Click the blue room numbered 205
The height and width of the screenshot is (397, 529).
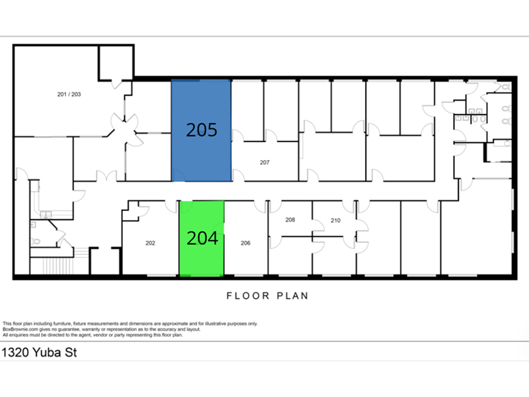click(x=202, y=130)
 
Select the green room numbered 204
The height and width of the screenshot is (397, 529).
click(x=202, y=238)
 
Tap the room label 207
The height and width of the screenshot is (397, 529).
click(x=264, y=162)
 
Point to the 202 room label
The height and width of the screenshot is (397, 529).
click(x=150, y=243)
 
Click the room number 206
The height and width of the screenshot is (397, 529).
click(x=245, y=243)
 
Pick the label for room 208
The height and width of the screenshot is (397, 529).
click(x=290, y=220)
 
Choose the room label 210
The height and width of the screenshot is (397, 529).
click(x=335, y=220)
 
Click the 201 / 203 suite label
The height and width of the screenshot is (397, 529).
click(x=69, y=94)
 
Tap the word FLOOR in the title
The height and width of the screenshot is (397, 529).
click(x=248, y=296)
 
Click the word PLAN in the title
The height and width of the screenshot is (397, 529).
click(x=292, y=296)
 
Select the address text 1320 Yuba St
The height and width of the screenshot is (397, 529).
click(x=39, y=353)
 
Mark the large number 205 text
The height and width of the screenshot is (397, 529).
click(x=202, y=130)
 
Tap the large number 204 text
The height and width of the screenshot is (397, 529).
click(x=202, y=238)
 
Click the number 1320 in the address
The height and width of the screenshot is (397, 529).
click(x=14, y=353)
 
